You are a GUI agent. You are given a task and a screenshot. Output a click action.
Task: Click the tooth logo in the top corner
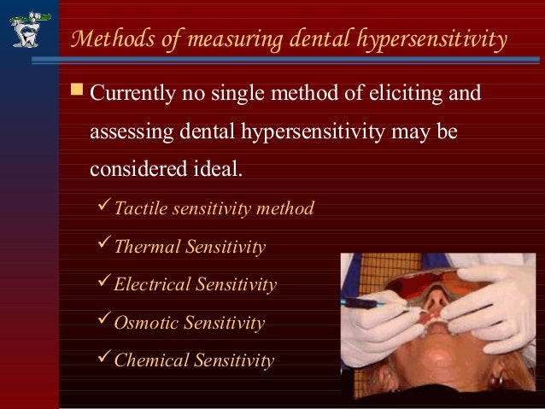click(27, 27)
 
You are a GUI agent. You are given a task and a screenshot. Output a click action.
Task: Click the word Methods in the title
click(105, 39)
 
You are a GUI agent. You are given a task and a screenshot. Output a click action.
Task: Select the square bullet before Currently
click(77, 91)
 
